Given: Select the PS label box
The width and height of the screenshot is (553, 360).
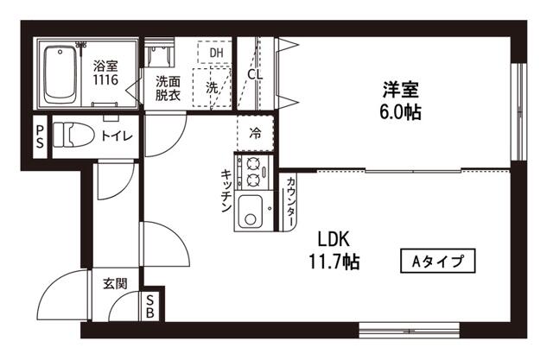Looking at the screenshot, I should click(40, 136).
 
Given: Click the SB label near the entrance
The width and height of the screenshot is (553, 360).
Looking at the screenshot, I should click(149, 307).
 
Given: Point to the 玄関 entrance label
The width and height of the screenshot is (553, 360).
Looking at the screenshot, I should click(115, 283).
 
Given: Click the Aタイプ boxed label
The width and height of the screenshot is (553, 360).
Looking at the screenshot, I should click(439, 260).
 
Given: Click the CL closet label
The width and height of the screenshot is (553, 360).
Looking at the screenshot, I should click(254, 74).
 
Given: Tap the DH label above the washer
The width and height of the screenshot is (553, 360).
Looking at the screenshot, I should click(216, 53).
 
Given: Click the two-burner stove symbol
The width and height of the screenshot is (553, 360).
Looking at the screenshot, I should click(254, 172).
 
